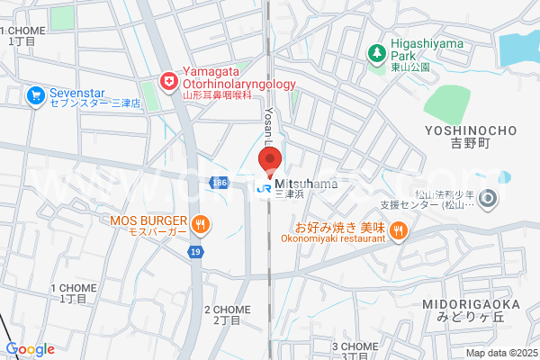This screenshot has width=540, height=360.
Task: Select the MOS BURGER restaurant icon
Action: point(201,225)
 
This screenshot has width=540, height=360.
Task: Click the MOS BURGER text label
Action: point(148,220)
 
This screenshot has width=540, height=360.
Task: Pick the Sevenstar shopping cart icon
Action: point(36,94)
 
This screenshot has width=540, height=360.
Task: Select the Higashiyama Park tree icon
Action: point(376,53)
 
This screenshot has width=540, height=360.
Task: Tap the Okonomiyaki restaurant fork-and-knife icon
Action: point(399,230)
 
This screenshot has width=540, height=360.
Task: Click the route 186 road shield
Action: point(220,183)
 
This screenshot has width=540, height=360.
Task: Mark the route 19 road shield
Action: point(194,253)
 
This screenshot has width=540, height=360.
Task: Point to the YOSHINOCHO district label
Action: point(467,136)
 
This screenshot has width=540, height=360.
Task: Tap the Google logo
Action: point(30,349)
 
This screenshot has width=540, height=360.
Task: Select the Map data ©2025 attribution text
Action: point(500,353)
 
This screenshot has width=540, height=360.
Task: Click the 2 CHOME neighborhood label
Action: point(227,314)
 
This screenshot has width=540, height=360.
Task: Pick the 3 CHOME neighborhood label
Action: point(355,349)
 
